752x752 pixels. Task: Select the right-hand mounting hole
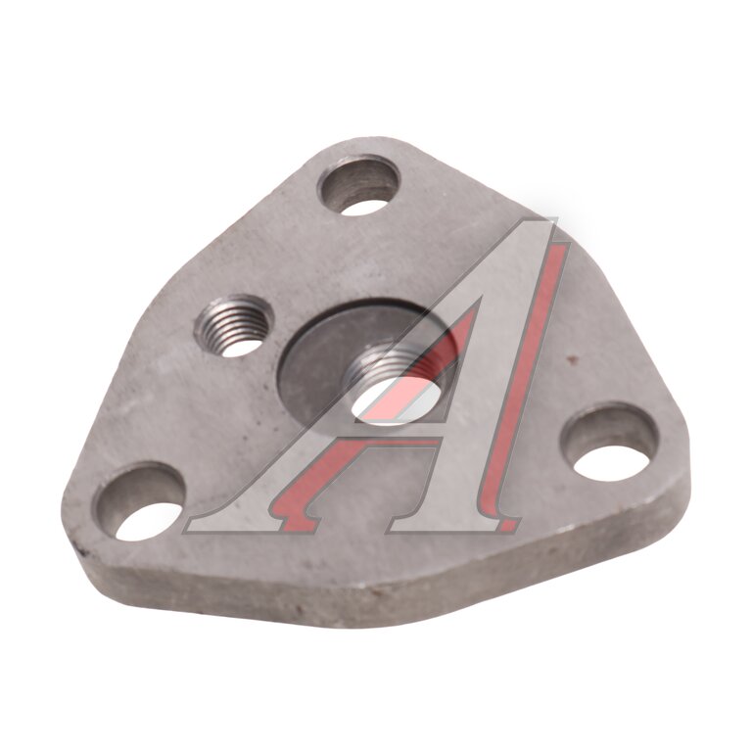[x=610, y=443]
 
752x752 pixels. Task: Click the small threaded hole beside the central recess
[x=234, y=326]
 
